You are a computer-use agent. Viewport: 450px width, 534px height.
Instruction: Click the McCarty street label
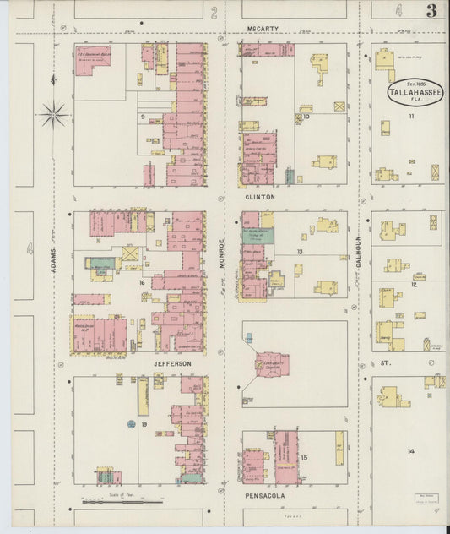[260, 29]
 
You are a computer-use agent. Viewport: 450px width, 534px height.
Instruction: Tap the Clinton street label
[260, 196]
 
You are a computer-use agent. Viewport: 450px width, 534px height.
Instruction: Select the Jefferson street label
[172, 363]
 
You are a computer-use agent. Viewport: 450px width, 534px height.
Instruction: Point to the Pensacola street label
[262, 495]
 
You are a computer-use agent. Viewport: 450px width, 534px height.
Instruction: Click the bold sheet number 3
[431, 11]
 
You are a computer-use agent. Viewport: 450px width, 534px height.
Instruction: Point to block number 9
[144, 116]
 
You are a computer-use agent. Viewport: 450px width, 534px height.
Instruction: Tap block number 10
[306, 117]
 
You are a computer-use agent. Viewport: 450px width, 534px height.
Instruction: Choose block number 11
[412, 116]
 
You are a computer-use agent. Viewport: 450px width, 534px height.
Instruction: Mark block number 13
[300, 252]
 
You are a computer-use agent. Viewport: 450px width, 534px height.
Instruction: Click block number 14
[410, 451]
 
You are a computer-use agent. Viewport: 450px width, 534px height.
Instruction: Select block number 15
[304, 458]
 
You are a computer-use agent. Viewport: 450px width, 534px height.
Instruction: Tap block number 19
[144, 423]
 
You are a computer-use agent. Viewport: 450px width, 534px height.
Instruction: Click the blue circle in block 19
[131, 423]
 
